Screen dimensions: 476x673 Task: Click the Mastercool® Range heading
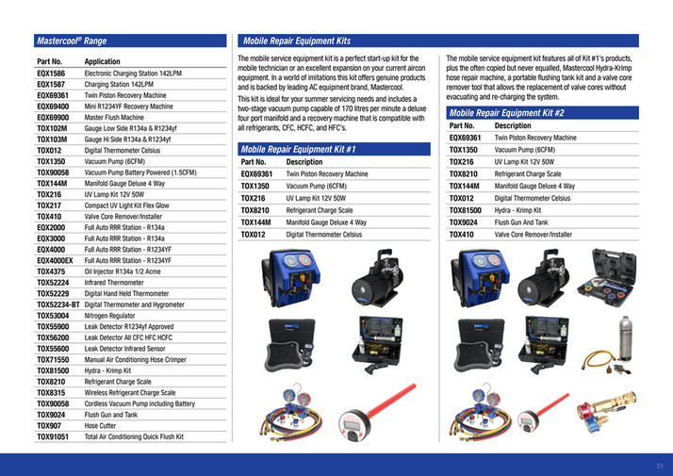coord(71,41)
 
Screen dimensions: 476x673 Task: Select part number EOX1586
coord(51,72)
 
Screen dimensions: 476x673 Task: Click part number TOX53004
coord(54,316)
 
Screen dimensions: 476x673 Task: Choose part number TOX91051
coord(54,437)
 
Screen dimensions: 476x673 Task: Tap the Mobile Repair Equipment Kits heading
coord(296,41)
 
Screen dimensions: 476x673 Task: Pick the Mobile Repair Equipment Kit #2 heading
coord(507,112)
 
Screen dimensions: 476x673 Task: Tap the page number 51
coord(660,464)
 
